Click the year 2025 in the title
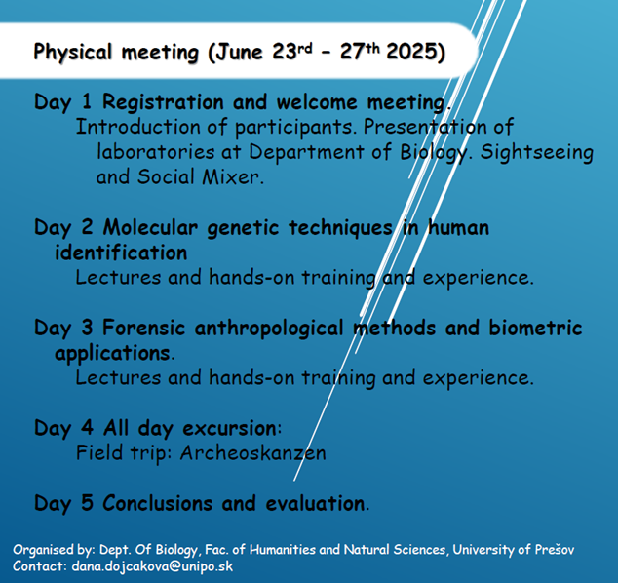[412, 52]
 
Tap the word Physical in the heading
[73, 53]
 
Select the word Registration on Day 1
[163, 102]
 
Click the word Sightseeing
[536, 153]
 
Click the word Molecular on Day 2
[150, 227]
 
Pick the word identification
[121, 253]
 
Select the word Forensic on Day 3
[144, 328]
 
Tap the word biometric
[535, 328]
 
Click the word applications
[113, 353]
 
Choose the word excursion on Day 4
[230, 428]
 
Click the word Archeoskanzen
[253, 453]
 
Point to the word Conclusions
[157, 503]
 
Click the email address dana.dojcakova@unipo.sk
[152, 566]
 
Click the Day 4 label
[64, 429]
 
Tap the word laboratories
[156, 152]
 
